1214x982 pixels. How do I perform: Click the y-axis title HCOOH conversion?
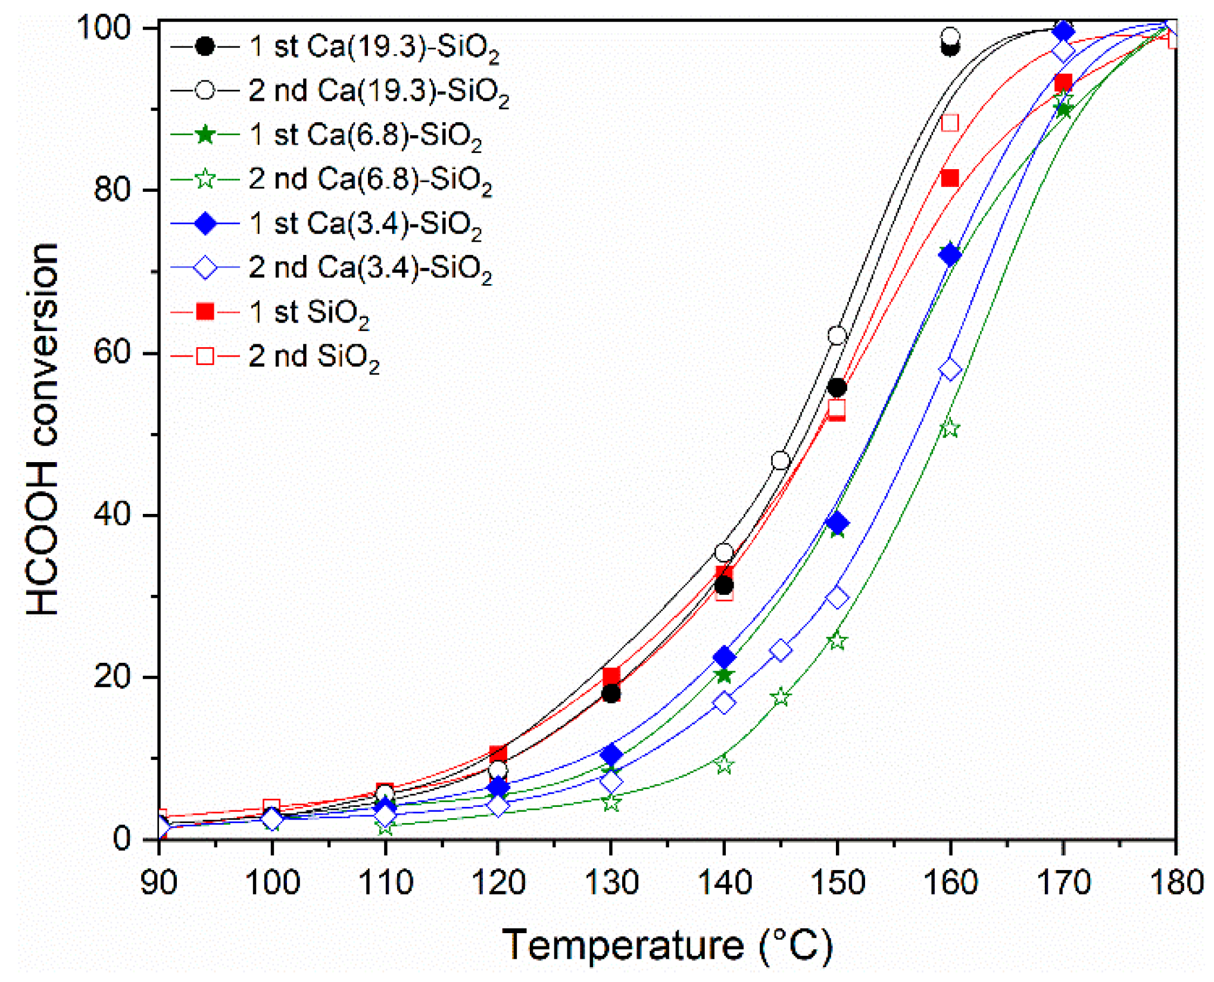tap(43, 429)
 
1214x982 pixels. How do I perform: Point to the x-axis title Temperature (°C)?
tap(667, 945)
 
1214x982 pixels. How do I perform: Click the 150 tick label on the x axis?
tap(837, 882)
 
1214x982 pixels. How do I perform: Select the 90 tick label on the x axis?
tap(159, 882)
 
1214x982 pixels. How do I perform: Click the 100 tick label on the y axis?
tap(104, 28)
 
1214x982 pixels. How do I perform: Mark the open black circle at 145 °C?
tap(781, 461)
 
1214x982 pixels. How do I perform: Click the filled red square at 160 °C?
tap(950, 178)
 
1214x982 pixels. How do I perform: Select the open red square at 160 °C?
tap(950, 123)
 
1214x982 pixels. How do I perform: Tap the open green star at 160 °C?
tap(950, 429)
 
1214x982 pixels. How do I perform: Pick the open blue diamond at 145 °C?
tap(781, 650)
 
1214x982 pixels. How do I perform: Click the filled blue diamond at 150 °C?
tap(837, 523)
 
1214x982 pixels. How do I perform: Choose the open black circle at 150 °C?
tap(837, 336)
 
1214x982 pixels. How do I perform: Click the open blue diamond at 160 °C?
tap(950, 370)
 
